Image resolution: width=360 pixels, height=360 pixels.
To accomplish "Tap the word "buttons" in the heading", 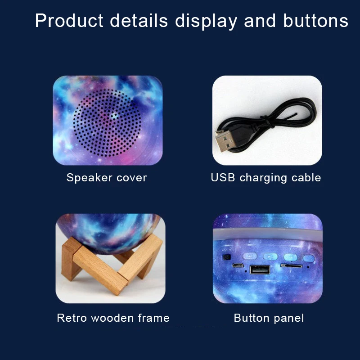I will (316, 21).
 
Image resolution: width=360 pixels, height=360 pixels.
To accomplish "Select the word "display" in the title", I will (206, 21).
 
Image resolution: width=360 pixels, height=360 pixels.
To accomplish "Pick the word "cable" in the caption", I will (306, 178).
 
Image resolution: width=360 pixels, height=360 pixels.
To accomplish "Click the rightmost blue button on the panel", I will (308, 259).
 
